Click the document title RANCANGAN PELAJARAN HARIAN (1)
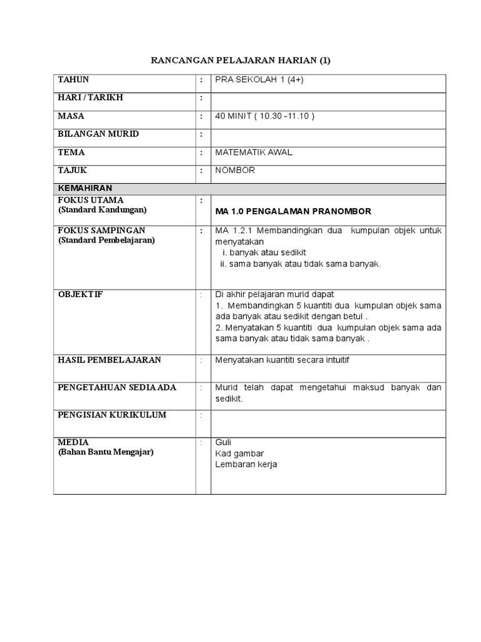point(241,61)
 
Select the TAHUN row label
point(73,80)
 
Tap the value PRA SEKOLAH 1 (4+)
point(259,80)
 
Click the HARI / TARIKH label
point(90,98)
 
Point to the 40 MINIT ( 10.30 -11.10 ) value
point(264,116)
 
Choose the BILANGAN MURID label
point(98,134)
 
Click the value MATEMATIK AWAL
point(253,152)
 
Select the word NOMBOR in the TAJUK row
point(235,171)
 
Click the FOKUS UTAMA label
point(91,200)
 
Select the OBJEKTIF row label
point(80,294)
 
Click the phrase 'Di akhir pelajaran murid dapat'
point(274,294)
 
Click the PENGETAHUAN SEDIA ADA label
point(117,387)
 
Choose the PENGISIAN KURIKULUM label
point(112,415)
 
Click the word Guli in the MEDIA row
point(223,442)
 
